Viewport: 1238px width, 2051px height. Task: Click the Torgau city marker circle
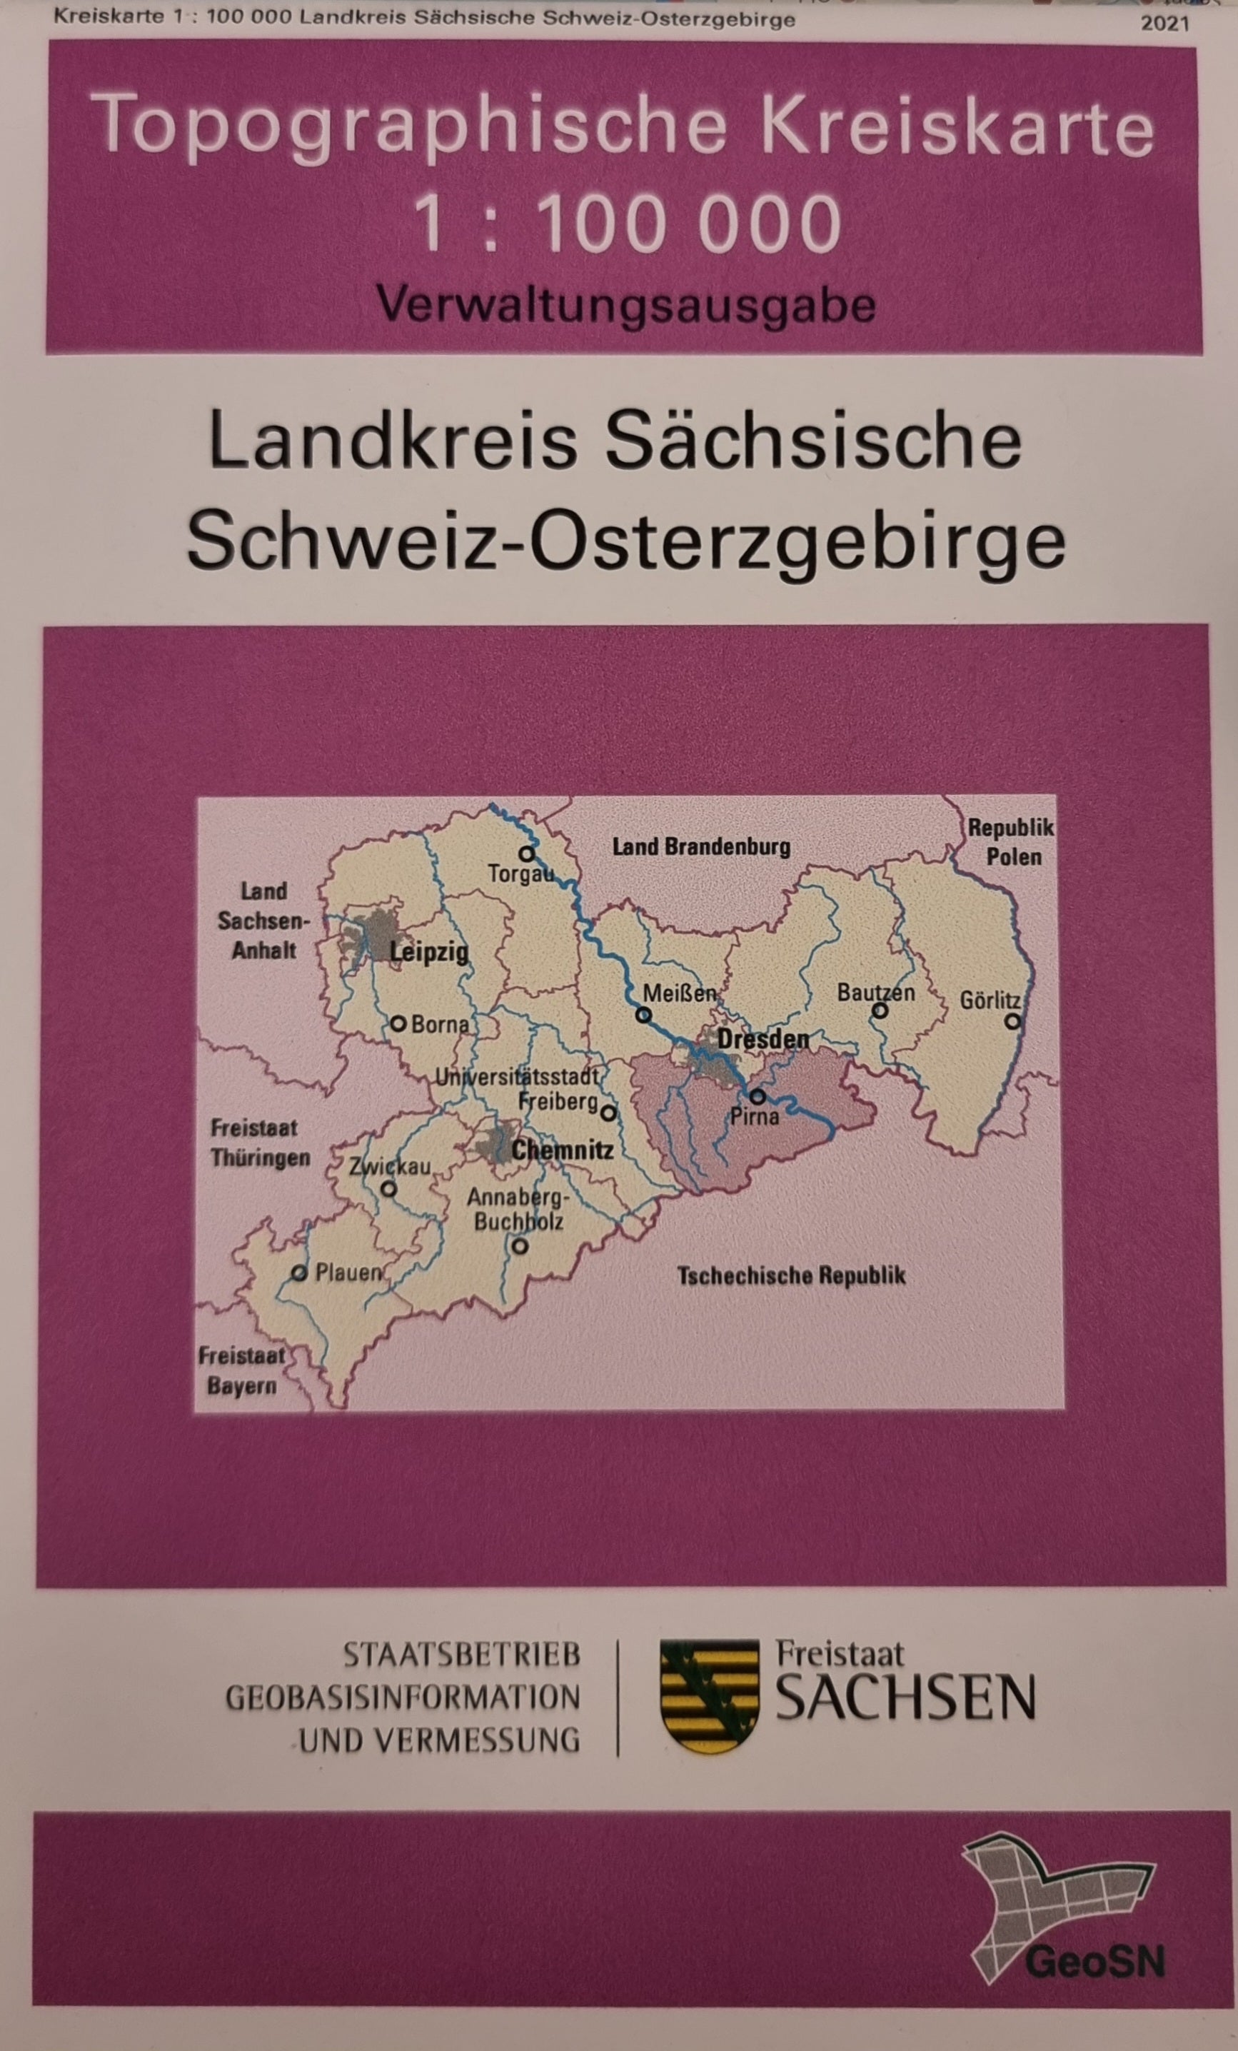tap(525, 853)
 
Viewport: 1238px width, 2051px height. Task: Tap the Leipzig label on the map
tap(429, 951)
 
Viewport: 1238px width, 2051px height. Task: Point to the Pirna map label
tap(755, 1116)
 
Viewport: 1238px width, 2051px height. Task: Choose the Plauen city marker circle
tap(298, 1273)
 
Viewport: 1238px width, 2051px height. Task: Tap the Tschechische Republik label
tap(790, 1275)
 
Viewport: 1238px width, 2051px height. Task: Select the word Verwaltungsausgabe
tap(625, 306)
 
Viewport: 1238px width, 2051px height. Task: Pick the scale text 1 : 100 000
tap(628, 223)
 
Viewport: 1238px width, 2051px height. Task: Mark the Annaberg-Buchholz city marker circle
tap(519, 1246)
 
